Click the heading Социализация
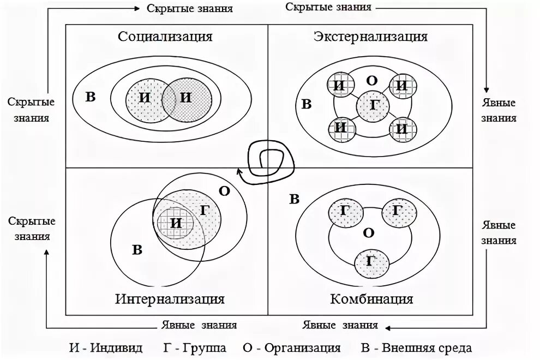coord(165,37)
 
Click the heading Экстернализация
coord(370,37)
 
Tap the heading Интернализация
coord(170,299)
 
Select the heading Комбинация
coord(371,299)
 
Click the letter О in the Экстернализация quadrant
coord(371,81)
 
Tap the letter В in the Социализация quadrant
coord(91,98)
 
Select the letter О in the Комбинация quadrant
coord(369,233)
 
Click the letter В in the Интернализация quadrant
coord(137,250)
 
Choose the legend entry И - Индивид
coord(106,348)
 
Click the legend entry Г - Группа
coord(194,348)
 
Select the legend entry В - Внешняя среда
coord(420,348)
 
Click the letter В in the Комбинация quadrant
coord(294,199)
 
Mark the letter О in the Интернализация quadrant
coord(224,191)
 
